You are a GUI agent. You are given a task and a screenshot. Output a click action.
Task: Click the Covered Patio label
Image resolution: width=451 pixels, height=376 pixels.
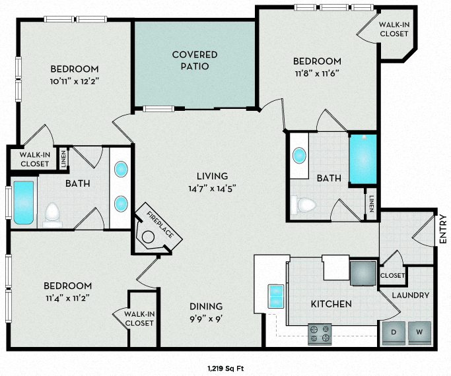click(x=195, y=60)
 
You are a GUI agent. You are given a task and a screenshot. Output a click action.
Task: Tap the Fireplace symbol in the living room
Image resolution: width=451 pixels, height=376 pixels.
click(x=154, y=230)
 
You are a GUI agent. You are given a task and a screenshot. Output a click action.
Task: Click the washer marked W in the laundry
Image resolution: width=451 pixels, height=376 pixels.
click(x=419, y=332)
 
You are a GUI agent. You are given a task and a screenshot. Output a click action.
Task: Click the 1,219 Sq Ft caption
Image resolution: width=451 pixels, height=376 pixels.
click(x=226, y=368)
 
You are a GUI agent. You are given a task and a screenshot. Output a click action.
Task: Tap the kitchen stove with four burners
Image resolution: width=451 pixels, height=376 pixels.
click(x=321, y=334)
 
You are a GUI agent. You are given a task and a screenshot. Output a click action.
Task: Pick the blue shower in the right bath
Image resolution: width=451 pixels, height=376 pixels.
click(x=362, y=160)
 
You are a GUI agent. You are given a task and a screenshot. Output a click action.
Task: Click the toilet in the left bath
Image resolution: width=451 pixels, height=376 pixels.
click(x=52, y=214)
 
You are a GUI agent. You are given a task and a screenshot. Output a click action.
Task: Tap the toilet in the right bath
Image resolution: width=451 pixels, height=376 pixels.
click(x=305, y=205)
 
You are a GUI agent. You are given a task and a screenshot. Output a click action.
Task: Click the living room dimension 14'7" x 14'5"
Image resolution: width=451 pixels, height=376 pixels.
click(x=212, y=187)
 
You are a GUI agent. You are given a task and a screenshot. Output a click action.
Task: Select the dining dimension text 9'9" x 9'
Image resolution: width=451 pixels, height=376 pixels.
click(x=205, y=318)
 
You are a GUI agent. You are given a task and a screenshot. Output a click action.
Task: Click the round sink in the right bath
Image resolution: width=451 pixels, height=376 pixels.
click(x=299, y=156)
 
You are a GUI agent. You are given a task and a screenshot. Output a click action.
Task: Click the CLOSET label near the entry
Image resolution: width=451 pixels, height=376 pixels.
click(x=392, y=275)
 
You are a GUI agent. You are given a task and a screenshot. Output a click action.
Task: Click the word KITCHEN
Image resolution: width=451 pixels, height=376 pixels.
click(x=331, y=304)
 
